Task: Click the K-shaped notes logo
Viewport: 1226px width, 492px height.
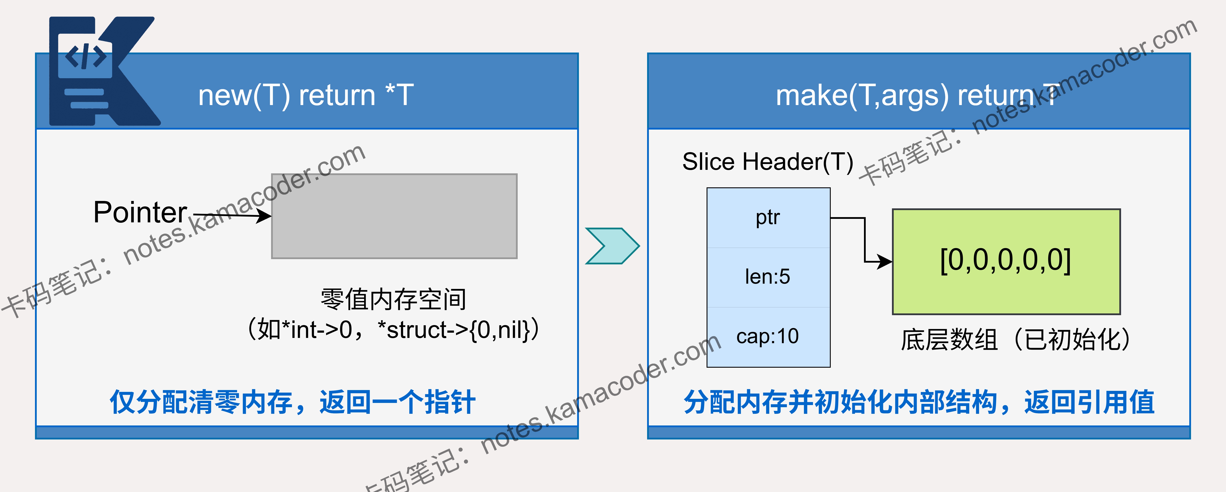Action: tap(102, 71)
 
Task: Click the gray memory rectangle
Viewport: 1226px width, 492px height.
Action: tap(394, 216)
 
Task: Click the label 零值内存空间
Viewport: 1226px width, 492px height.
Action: tap(393, 299)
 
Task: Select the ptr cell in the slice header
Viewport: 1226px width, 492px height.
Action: tap(768, 218)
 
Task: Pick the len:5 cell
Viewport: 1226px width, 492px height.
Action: tap(768, 277)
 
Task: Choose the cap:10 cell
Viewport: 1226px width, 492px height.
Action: tap(768, 337)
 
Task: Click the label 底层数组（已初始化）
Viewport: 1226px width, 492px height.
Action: tap(1015, 340)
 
